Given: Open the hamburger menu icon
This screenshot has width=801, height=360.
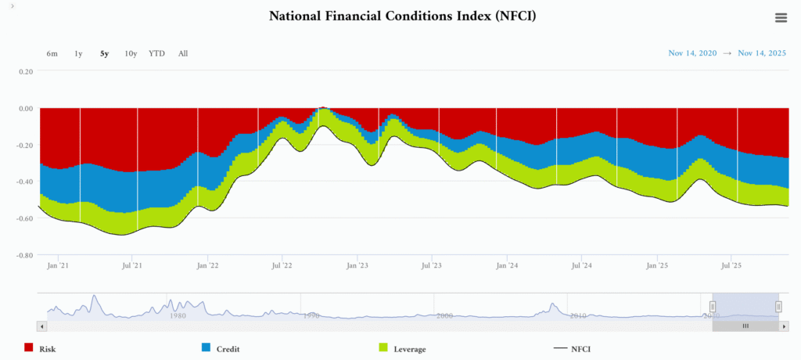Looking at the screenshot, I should point(781,18).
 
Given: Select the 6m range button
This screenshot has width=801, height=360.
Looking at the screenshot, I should point(52,54).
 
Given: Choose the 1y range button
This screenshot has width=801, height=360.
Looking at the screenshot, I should point(78,54).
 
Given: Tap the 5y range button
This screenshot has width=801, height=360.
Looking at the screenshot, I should point(104,54).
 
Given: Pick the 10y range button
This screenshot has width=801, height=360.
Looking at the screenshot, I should point(131,54).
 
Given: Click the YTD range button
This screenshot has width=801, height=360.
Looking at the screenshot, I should point(156,54).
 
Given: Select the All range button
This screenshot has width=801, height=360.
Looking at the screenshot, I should point(183,54).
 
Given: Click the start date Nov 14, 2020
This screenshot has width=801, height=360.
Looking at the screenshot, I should point(692,53).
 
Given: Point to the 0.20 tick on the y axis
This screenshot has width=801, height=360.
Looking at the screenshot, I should point(26,71).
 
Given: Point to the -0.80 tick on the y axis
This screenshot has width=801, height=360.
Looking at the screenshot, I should point(24,255).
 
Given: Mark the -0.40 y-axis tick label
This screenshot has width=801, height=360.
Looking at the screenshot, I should point(24,182).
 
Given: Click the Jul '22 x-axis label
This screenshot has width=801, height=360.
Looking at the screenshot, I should point(282,266).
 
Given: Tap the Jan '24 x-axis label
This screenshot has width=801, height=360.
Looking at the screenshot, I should point(507,266).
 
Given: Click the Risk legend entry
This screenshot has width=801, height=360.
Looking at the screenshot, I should point(47,349).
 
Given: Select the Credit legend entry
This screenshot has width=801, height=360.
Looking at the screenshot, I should point(227,349).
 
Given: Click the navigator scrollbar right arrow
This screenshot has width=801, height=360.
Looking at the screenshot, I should point(785,326).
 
